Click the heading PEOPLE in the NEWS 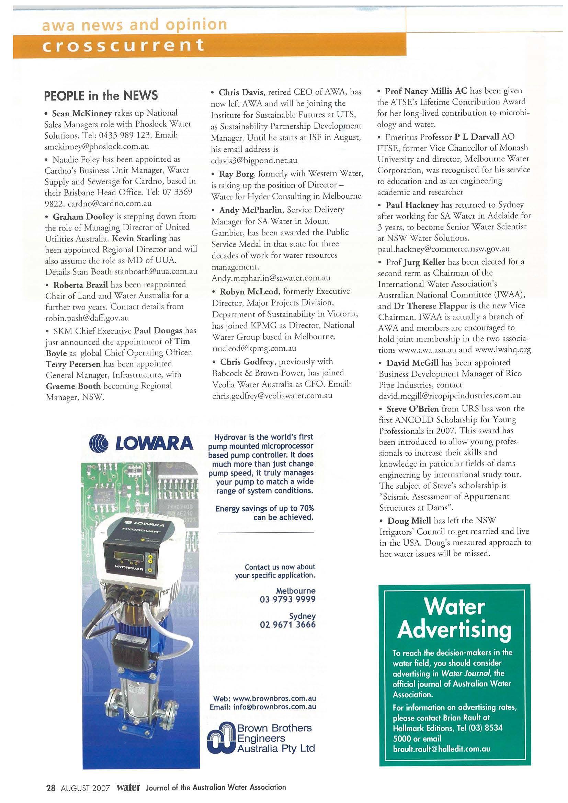pyautogui.click(x=101, y=95)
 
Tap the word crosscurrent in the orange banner pyautogui.click(x=123, y=45)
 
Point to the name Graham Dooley pyautogui.click(x=83, y=216)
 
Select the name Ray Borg pyautogui.click(x=234, y=174)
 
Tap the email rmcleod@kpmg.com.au pyautogui.click(x=254, y=348)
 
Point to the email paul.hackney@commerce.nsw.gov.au pyautogui.click(x=444, y=249)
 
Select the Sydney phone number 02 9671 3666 pyautogui.click(x=287, y=624)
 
